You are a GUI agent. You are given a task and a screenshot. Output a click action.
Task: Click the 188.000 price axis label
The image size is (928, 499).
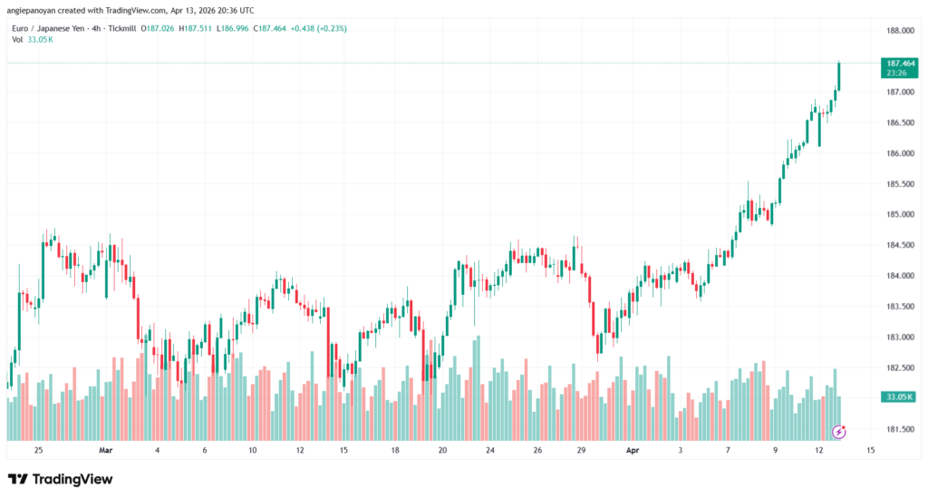pyautogui.click(x=899, y=31)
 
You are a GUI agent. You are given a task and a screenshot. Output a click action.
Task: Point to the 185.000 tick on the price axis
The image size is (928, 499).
pyautogui.click(x=899, y=215)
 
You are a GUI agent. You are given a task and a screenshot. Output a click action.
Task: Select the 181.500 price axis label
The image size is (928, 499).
pyautogui.click(x=899, y=429)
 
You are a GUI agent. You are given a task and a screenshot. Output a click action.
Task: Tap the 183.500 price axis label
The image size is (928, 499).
pyautogui.click(x=899, y=307)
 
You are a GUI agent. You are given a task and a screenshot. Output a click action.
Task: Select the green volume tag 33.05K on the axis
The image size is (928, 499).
pyautogui.click(x=898, y=396)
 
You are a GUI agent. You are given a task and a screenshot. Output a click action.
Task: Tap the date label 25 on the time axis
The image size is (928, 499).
pyautogui.click(x=38, y=449)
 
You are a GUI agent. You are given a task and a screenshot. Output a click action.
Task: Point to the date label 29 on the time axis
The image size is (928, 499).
pyautogui.click(x=581, y=449)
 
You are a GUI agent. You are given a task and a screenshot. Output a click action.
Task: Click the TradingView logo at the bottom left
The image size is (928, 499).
pyautogui.click(x=60, y=479)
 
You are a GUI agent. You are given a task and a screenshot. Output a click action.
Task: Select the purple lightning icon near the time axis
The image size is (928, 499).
pyautogui.click(x=839, y=432)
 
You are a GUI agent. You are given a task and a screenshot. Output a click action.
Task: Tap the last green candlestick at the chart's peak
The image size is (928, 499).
pyautogui.click(x=839, y=77)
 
